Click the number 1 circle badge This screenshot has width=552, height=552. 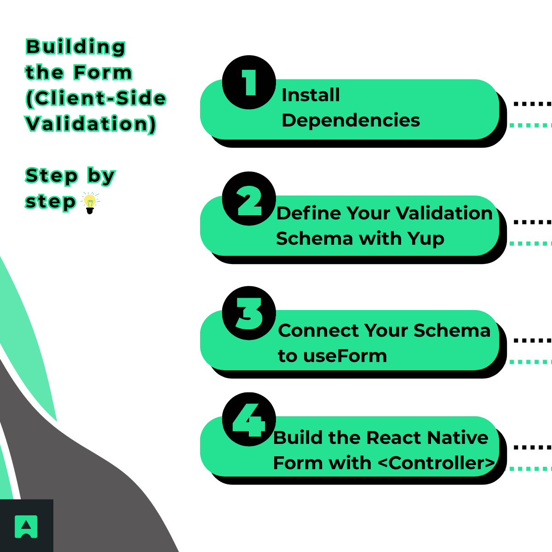[x=249, y=82]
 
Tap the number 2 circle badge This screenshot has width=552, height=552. [x=249, y=199]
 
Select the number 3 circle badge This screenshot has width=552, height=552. [x=249, y=313]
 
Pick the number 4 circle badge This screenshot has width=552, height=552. [x=249, y=419]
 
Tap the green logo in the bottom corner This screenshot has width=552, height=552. [x=26, y=526]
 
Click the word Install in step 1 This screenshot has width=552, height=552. [x=310, y=95]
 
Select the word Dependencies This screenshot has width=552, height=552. [x=351, y=121]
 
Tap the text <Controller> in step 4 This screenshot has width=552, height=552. [x=437, y=463]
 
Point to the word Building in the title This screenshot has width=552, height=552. [x=75, y=47]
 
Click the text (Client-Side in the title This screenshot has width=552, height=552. [x=96, y=98]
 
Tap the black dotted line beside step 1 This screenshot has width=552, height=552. [x=532, y=103]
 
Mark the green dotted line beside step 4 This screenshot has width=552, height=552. [x=530, y=469]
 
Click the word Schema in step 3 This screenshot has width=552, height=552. [x=452, y=331]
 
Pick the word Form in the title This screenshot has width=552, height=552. [x=103, y=73]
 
